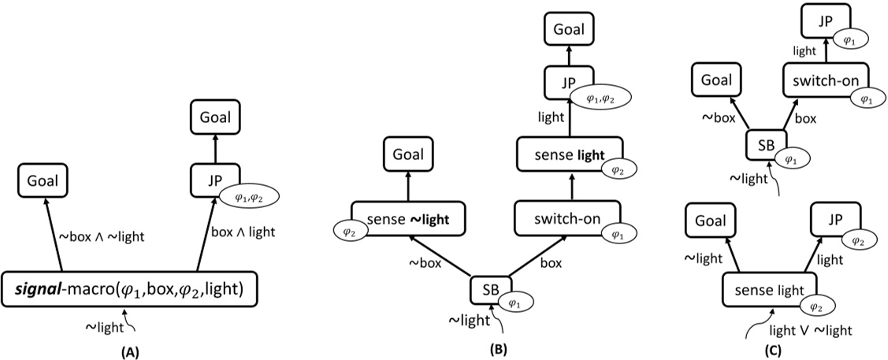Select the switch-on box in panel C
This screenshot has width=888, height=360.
coord(826,80)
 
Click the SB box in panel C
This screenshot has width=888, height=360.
coord(764,144)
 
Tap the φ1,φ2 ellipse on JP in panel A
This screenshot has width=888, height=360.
coord(247,198)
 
